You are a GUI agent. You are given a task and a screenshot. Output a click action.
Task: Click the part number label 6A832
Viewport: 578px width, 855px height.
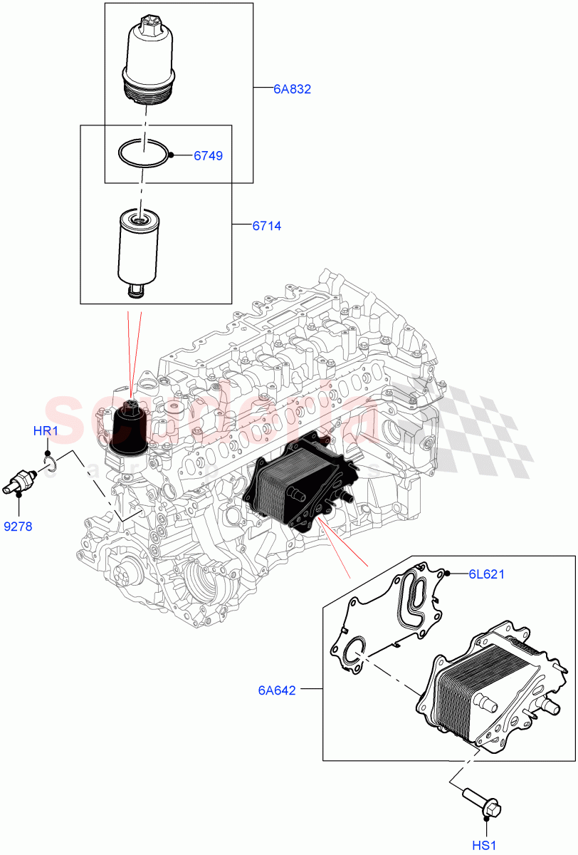293,90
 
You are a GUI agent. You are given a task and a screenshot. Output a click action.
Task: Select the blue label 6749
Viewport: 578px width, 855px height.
209,155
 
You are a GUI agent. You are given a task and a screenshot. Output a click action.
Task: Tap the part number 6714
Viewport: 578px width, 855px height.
266,227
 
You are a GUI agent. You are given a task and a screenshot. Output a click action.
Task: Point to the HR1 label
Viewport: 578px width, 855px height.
45,432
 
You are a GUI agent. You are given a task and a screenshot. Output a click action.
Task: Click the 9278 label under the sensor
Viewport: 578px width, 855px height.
18,527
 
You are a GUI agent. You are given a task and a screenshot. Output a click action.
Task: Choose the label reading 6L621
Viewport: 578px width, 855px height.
486,574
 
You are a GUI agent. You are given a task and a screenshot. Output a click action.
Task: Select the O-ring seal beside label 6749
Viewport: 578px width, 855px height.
144,153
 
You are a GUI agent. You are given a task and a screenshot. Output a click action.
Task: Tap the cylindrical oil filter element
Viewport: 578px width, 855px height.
139,246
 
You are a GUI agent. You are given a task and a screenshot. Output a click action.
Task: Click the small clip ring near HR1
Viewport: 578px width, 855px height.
50,464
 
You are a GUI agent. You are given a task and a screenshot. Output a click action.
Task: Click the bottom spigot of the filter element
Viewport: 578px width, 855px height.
135,291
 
